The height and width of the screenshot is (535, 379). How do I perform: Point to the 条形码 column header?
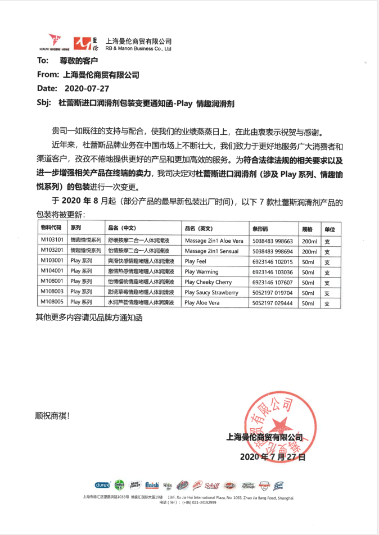point(261,229)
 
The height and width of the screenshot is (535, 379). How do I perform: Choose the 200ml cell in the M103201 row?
point(309,250)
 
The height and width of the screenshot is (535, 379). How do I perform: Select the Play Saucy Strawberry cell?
point(211,292)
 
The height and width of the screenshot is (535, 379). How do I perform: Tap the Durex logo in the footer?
point(102,485)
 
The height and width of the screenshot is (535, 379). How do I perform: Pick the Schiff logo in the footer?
point(212,485)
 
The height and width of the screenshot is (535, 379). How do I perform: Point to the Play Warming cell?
point(201,271)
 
